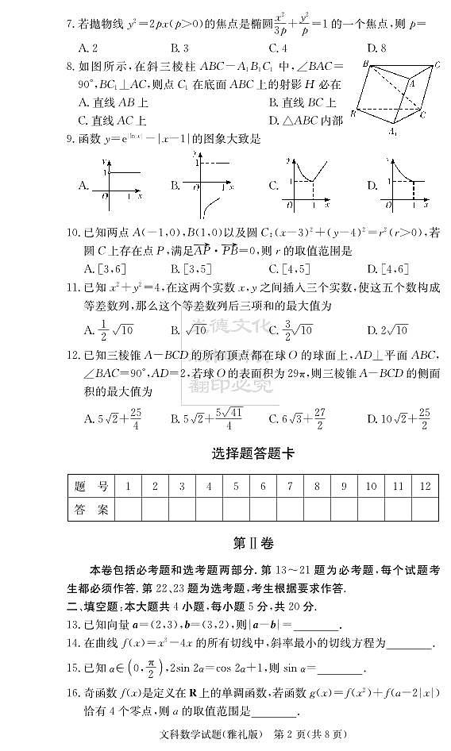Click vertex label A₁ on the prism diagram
coord(393,131)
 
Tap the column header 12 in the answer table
coord(426,486)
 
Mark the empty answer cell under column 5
coord(235,509)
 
